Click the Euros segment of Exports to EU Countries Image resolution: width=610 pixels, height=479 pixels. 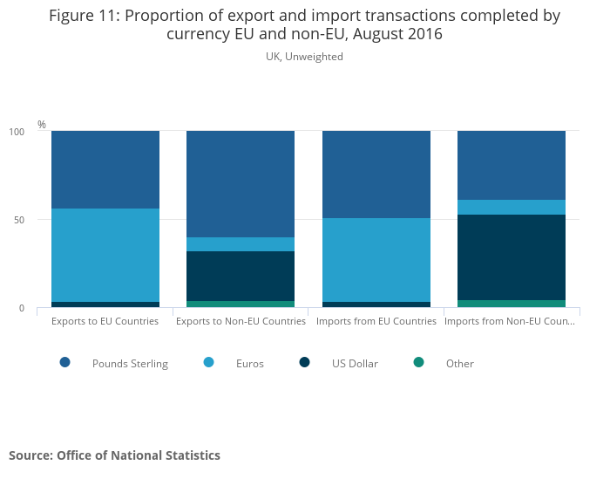[105, 255]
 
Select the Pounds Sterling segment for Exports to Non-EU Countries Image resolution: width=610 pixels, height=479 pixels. [241, 184]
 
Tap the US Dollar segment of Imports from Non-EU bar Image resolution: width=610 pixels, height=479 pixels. [512, 257]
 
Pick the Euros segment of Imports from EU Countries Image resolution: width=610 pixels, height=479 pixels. [376, 260]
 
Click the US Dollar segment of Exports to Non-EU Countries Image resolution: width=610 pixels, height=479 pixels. [241, 276]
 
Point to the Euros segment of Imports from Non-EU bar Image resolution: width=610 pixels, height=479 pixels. [512, 207]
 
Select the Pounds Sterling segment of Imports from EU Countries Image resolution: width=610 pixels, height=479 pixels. [376, 174]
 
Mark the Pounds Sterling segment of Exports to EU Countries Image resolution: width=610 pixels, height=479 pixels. [105, 169]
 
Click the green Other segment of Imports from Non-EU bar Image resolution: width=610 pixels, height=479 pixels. [512, 304]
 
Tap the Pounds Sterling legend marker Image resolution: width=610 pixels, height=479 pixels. [65, 362]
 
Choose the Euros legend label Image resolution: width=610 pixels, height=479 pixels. [249, 364]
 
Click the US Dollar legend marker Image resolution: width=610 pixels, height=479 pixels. [304, 362]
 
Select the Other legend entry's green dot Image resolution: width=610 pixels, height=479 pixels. [418, 362]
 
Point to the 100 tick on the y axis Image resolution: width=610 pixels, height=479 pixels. [17, 132]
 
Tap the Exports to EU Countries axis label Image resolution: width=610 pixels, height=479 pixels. [105, 321]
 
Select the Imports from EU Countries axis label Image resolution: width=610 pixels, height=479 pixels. [376, 321]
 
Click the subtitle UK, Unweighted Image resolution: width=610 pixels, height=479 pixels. [304, 57]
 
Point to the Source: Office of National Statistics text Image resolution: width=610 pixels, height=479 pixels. [114, 455]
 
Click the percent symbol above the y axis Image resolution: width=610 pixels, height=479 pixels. [42, 125]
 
